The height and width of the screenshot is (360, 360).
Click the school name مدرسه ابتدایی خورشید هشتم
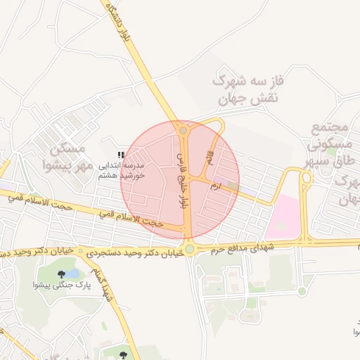coord(120,171)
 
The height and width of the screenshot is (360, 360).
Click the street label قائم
coord(208,157)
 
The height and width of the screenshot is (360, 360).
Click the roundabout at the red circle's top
coord(184,130)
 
